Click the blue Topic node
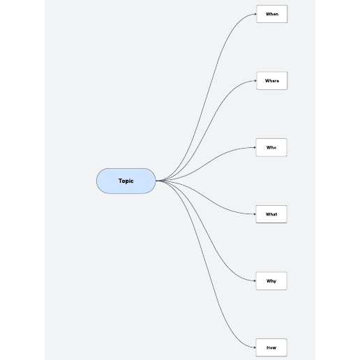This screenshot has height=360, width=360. pyautogui.click(x=126, y=181)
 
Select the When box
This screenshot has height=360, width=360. pyautogui.click(x=272, y=14)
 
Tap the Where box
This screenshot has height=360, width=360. pyautogui.click(x=272, y=81)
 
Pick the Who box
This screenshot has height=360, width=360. pyautogui.click(x=271, y=147)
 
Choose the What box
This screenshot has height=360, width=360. pyautogui.click(x=271, y=214)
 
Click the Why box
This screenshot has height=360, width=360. pyautogui.click(x=271, y=281)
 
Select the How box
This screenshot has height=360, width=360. pyautogui.click(x=271, y=347)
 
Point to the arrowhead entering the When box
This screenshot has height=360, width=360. pyautogui.click(x=255, y=14)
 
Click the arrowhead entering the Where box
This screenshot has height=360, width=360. pyautogui.click(x=255, y=81)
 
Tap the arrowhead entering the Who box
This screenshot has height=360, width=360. pyautogui.click(x=255, y=147)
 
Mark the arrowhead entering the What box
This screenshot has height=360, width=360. pyautogui.click(x=255, y=214)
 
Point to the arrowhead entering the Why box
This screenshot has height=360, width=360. pyautogui.click(x=255, y=281)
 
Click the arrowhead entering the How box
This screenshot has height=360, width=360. pyautogui.click(x=255, y=347)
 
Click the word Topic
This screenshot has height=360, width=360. pyautogui.click(x=126, y=181)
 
